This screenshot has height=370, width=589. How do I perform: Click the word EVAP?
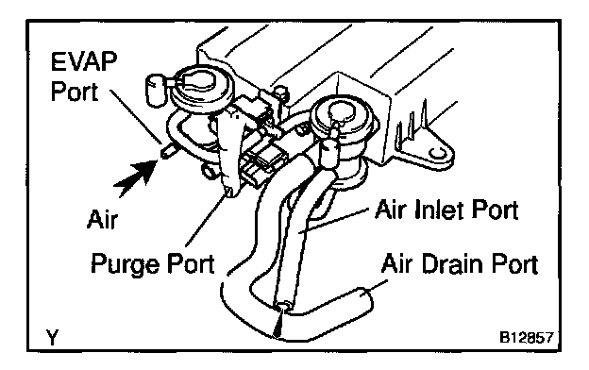click(x=84, y=61)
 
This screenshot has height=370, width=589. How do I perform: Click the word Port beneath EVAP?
click(x=75, y=92)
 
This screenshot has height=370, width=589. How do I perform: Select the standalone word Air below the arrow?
click(x=102, y=219)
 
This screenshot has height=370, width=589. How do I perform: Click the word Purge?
click(x=126, y=264)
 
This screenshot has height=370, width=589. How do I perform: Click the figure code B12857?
click(x=527, y=337)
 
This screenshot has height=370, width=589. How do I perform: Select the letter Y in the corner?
click(x=53, y=337)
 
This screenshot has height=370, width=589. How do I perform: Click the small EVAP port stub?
click(x=167, y=151)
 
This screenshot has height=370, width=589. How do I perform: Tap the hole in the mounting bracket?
click(x=436, y=153)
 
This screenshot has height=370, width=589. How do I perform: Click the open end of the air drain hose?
click(x=365, y=297)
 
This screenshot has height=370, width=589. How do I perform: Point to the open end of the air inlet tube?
click(x=283, y=305)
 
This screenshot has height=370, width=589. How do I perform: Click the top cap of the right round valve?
click(x=341, y=111)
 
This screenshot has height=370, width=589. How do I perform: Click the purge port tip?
click(x=229, y=192)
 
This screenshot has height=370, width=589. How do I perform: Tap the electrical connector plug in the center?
click(x=260, y=165)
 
